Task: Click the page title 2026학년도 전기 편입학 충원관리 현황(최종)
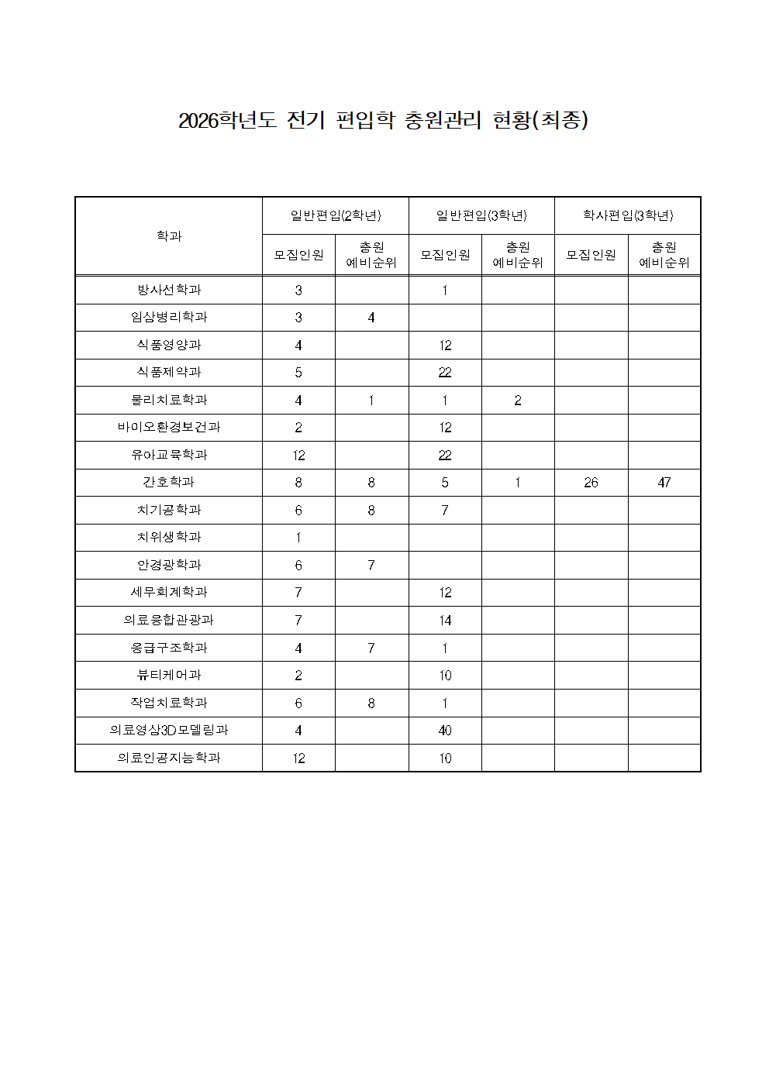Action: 384,121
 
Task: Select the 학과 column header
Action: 169,236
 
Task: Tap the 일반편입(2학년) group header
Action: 336,215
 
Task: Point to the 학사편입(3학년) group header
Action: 628,215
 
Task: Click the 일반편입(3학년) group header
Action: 481,215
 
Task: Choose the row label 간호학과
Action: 169,482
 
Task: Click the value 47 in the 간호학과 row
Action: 664,483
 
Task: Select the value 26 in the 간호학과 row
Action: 591,483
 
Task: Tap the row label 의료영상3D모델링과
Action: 169,730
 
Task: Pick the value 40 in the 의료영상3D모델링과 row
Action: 445,731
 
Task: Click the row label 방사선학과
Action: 169,290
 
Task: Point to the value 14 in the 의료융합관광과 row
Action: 445,621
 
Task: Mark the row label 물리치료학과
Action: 169,400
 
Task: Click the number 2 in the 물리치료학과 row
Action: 518,401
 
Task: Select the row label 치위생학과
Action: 169,537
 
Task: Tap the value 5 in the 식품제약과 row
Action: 298,373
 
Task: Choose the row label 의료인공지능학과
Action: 169,758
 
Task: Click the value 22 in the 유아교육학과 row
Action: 445,456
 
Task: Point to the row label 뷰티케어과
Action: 169,675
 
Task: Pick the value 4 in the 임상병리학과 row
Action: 371,318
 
